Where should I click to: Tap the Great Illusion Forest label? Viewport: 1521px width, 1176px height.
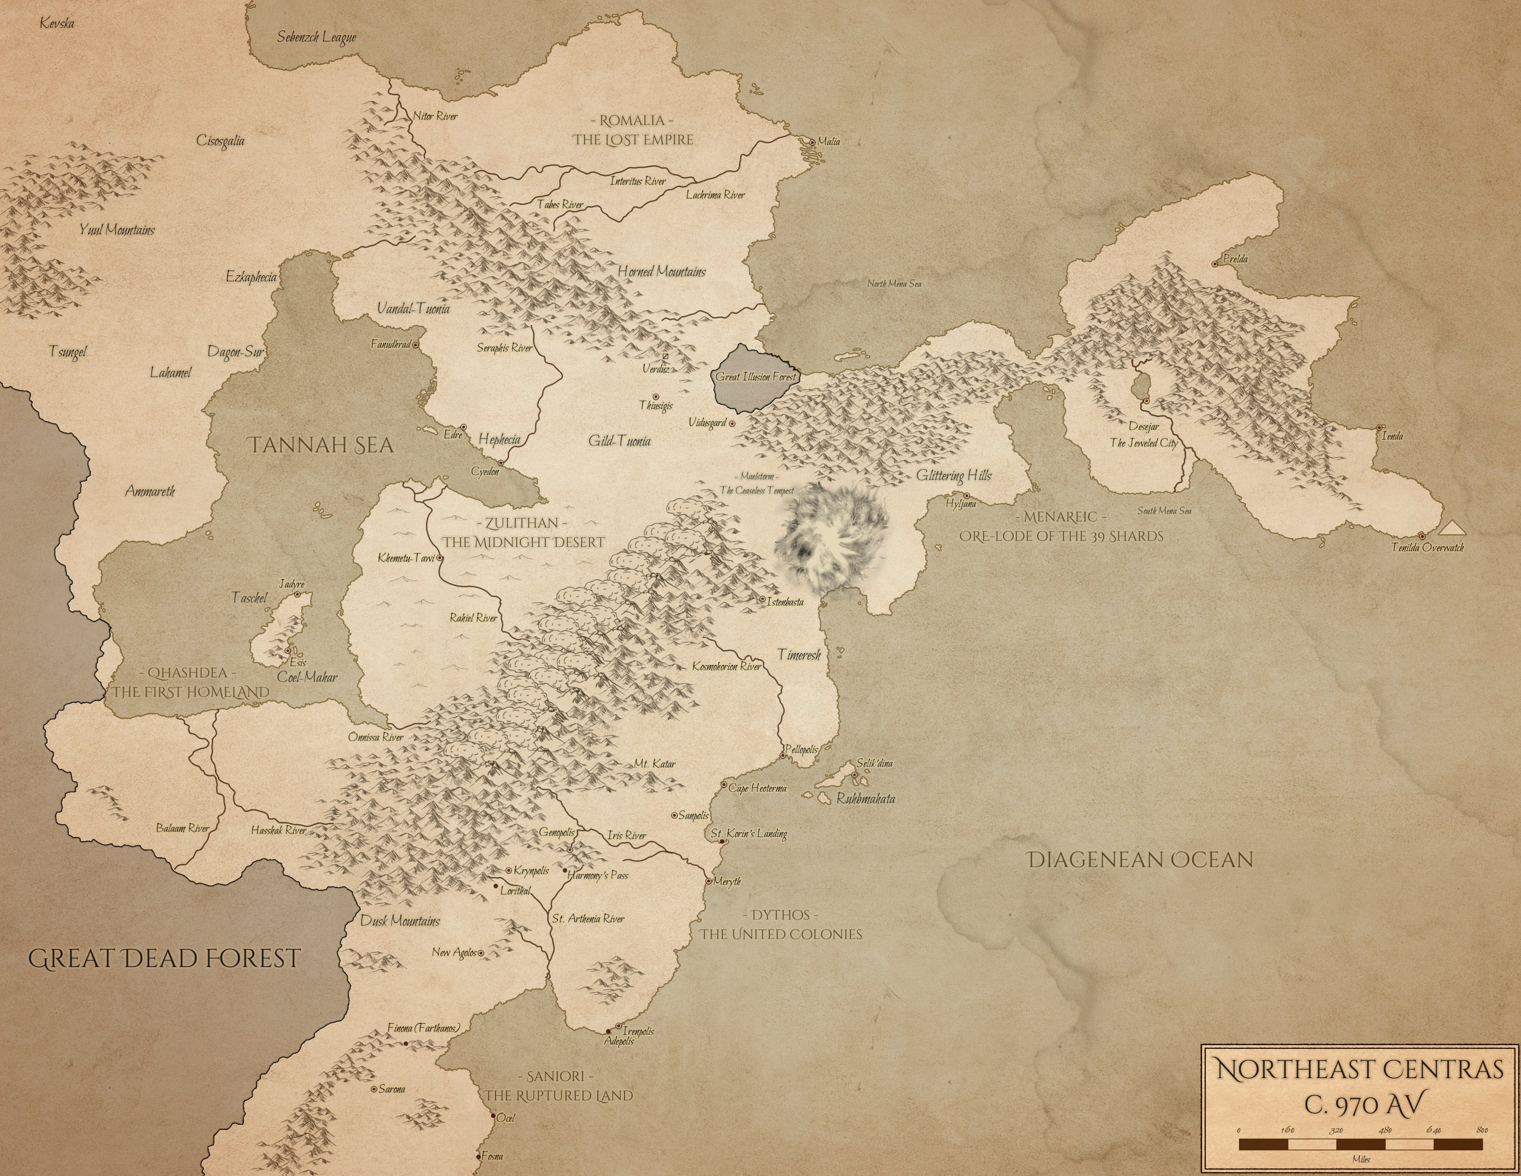coord(755,377)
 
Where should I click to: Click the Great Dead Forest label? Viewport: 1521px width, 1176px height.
coord(165,959)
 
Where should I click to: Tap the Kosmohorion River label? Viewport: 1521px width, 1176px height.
coord(725,667)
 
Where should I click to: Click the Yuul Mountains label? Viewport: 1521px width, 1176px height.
coord(117,230)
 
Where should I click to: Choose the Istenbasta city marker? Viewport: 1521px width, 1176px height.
coord(763,599)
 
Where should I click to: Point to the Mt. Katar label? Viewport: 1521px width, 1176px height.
coord(654,764)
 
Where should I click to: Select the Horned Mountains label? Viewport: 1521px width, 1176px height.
coord(661,272)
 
